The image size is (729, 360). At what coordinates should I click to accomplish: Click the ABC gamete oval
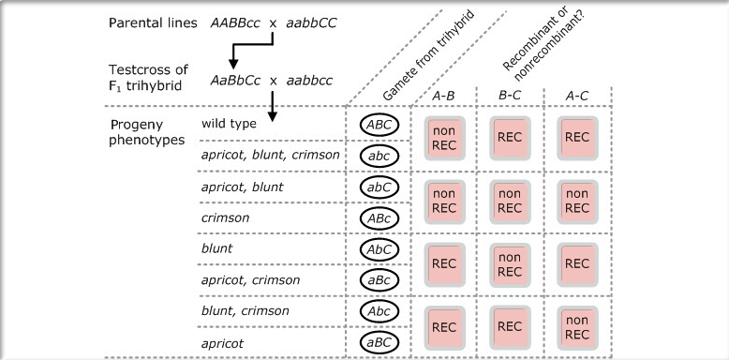tap(379, 124)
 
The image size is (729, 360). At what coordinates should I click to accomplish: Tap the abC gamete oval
tap(379, 187)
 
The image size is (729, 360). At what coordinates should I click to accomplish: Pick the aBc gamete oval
tap(379, 280)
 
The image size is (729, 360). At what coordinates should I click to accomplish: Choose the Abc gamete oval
tap(379, 311)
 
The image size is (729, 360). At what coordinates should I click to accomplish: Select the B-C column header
tap(510, 95)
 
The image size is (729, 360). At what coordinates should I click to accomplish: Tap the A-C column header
tap(575, 95)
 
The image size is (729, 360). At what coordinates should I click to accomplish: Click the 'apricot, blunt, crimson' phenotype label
tap(270, 155)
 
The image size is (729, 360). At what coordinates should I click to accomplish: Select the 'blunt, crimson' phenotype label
tap(245, 311)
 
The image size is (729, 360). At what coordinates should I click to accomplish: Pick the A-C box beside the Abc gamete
tap(576, 326)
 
